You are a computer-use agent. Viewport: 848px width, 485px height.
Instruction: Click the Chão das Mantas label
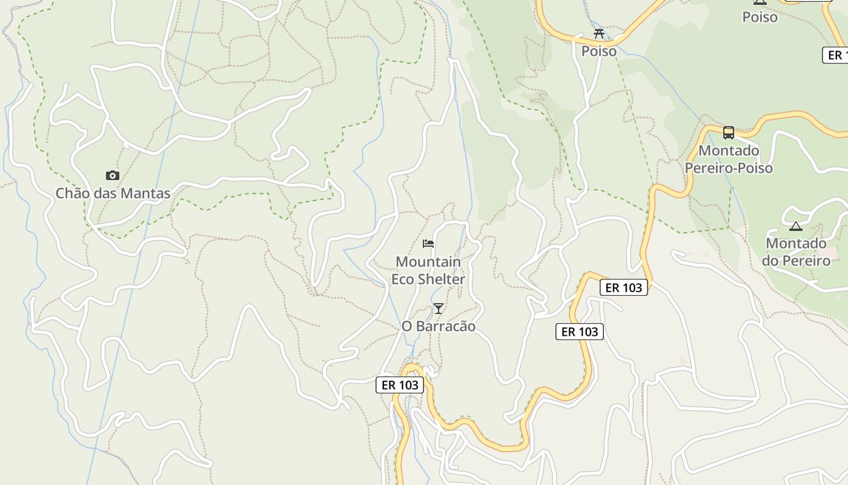pos(113,193)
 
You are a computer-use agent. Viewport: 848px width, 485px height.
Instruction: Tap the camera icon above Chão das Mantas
pos(113,176)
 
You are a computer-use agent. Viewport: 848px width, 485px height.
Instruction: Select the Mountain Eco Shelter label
pos(428,270)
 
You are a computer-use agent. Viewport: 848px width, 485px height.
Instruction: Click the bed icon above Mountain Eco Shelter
pos(428,244)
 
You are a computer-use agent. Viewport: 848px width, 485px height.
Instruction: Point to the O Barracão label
pos(439,326)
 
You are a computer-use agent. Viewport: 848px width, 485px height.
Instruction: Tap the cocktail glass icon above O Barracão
pos(439,309)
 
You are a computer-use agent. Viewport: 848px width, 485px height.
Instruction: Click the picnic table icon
pos(599,33)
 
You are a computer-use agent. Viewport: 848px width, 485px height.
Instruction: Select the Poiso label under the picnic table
pos(599,51)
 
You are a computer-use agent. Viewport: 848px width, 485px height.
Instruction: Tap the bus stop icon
pos(729,132)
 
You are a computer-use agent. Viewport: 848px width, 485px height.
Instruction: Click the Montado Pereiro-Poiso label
pos(729,159)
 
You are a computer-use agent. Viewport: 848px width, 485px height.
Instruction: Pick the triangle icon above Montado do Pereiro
pos(796,226)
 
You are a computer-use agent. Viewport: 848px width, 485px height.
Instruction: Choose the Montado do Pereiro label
pos(796,252)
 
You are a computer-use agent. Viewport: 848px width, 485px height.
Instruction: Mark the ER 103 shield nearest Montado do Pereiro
pos(624,287)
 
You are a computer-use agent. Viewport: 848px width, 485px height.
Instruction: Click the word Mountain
pos(428,262)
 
